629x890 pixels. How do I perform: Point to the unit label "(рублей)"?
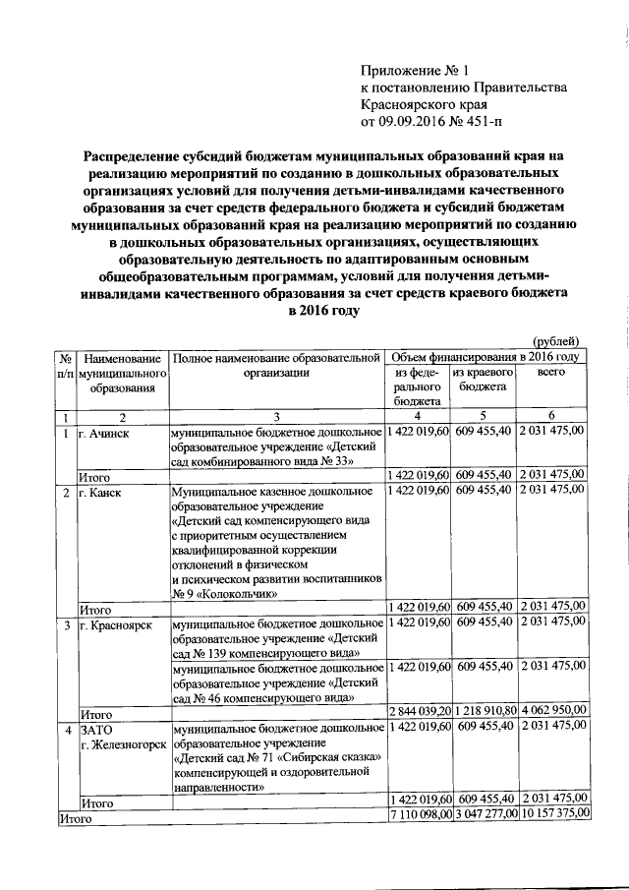(x=557, y=340)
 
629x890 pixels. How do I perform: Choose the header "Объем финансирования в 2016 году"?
(x=486, y=356)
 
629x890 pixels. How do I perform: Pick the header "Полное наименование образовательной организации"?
(x=277, y=364)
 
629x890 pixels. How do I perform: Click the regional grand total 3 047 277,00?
(x=486, y=815)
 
